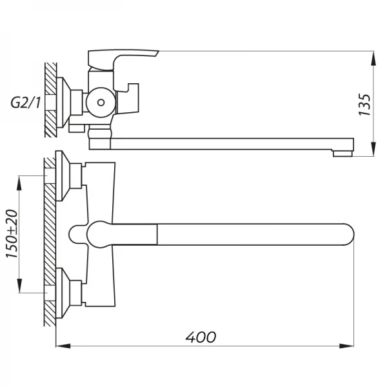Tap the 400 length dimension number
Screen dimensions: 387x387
[x=201, y=337]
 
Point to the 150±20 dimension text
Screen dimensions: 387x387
[x=12, y=233]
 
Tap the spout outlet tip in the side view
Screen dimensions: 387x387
[x=342, y=154]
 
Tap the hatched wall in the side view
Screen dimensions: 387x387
[x=50, y=101]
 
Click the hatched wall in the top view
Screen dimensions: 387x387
[x=50, y=245]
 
